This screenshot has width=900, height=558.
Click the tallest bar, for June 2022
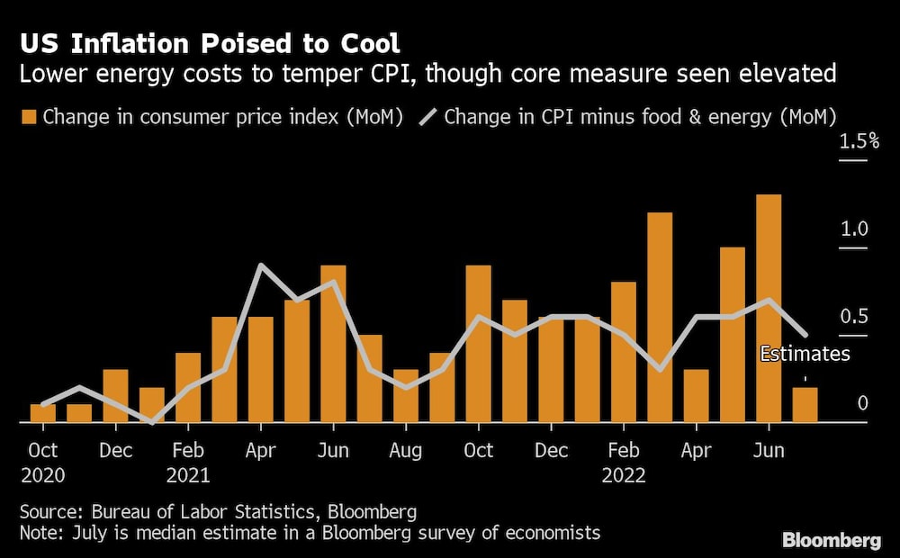click(769, 309)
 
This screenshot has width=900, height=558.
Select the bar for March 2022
click(660, 318)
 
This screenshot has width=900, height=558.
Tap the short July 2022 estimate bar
click(805, 405)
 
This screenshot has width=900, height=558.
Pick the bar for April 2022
click(697, 395)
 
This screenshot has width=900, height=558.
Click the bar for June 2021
click(333, 344)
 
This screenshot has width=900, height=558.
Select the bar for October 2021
click(478, 344)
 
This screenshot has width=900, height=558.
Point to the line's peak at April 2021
click(261, 265)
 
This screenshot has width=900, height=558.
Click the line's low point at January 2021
click(151, 422)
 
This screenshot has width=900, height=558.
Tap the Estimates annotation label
click(805, 354)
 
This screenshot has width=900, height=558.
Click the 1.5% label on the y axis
click(859, 141)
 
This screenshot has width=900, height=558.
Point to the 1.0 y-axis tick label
click(854, 229)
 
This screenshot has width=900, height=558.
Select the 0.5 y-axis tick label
click(854, 316)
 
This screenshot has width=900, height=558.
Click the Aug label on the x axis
click(405, 451)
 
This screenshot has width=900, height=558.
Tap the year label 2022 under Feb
click(624, 475)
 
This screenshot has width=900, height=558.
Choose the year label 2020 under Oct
click(43, 475)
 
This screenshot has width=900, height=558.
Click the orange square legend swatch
click(29, 117)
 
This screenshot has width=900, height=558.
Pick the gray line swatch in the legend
click(428, 117)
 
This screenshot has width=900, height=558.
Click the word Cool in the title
click(370, 43)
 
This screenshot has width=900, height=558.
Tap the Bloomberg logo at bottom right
click(832, 540)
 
